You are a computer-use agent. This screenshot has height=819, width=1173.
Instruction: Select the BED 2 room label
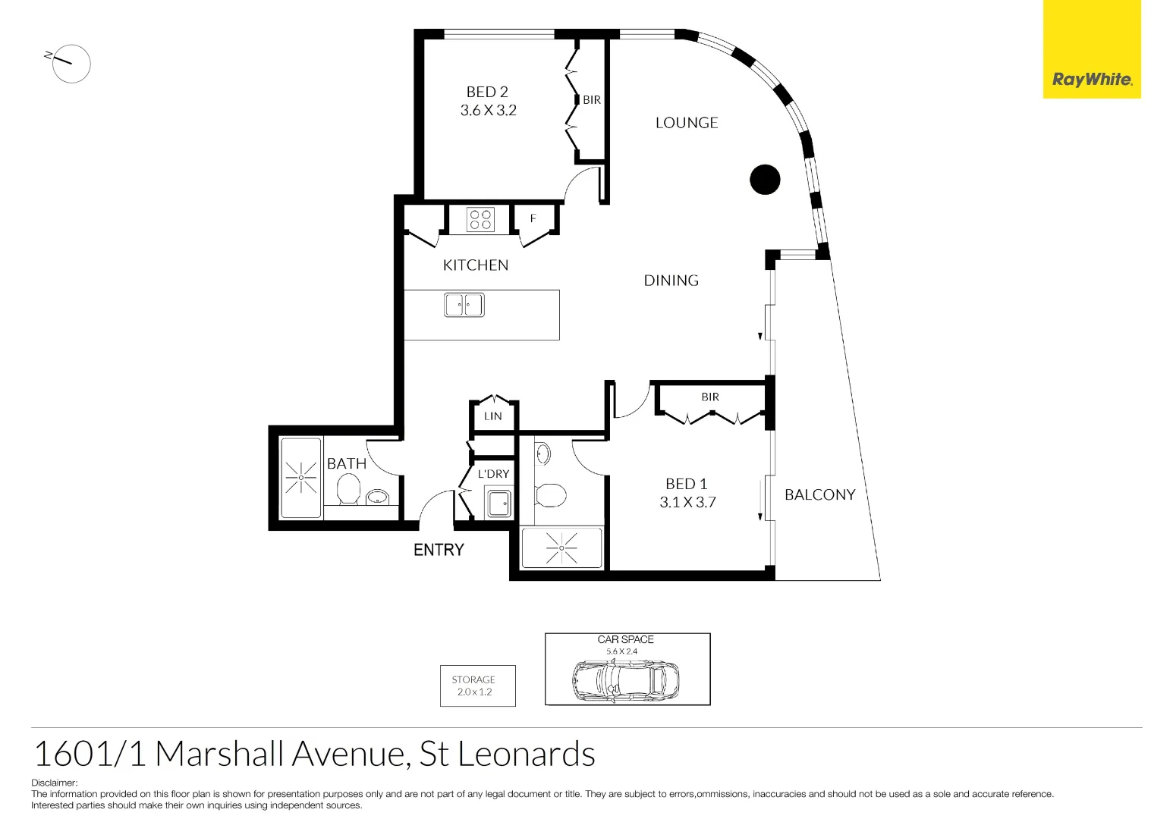coord(487,92)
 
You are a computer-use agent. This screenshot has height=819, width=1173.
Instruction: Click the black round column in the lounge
coord(765,180)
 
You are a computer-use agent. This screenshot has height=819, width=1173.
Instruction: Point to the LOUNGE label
coord(686,123)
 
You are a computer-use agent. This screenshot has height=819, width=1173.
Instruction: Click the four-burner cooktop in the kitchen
coord(480,220)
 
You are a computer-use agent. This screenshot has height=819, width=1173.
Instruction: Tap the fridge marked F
coord(533,218)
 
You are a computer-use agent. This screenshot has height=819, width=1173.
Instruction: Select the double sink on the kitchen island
coord(464,305)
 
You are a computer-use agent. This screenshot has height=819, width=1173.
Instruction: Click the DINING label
coord(671,281)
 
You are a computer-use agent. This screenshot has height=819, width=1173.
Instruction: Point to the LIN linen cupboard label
coord(493,416)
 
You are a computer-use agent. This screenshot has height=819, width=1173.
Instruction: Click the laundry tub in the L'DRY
coord(498,503)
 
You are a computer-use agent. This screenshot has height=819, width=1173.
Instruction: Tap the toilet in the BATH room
coord(348,489)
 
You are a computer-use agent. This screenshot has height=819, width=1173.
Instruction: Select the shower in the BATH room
coord(301,478)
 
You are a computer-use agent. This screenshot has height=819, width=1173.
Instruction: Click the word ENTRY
coord(439,550)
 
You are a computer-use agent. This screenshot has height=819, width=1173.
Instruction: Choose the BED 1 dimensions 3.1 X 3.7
coord(687,502)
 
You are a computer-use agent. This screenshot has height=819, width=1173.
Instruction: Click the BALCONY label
coord(819,494)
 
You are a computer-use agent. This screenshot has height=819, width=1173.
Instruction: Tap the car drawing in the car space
coord(625,680)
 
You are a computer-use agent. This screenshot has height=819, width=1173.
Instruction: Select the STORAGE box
coord(477,686)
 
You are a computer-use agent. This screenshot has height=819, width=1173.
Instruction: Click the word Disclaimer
coord(54,783)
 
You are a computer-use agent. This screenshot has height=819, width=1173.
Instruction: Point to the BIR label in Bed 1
coord(709,397)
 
